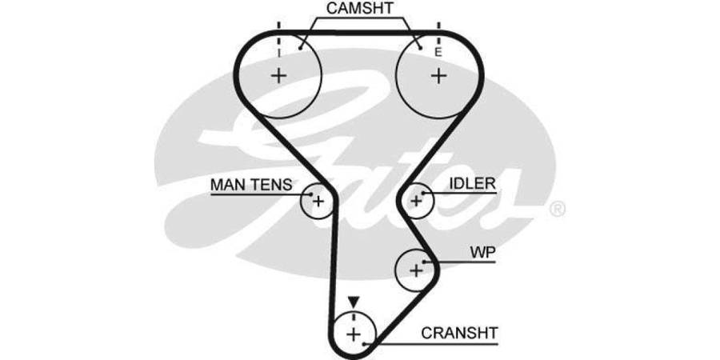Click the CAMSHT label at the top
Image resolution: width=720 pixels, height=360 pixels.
click(x=359, y=10)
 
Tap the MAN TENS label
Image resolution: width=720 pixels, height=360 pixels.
click(x=250, y=185)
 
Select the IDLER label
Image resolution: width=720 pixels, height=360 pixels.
click(x=472, y=184)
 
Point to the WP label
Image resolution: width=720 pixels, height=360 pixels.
click(x=482, y=253)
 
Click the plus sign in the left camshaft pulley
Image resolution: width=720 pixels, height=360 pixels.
click(x=278, y=76)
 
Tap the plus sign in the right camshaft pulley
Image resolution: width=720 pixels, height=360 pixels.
click(x=438, y=76)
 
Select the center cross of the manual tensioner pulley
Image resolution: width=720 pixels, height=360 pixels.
click(x=318, y=201)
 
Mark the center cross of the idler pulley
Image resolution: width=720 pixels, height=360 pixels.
click(x=415, y=201)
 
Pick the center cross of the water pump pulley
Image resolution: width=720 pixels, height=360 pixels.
click(x=415, y=270)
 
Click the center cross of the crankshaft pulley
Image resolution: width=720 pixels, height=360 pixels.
click(x=333, y=332)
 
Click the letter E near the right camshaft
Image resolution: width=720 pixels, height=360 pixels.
click(x=438, y=52)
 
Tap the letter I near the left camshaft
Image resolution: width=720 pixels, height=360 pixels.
click(x=278, y=52)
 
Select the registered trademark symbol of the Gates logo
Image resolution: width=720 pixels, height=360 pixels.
click(x=558, y=210)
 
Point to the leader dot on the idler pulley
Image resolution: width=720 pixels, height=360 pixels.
click(x=422, y=193)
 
